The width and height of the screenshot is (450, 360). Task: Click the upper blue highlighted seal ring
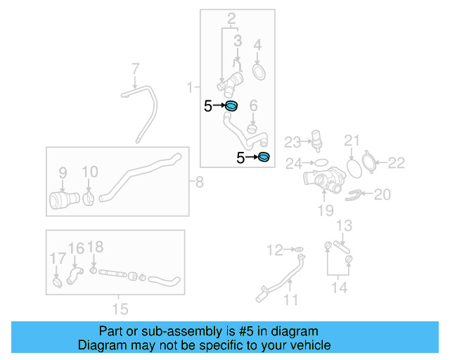[x=231, y=107]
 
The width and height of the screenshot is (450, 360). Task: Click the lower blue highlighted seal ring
[x=264, y=157]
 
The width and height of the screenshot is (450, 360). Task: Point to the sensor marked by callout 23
[x=316, y=139]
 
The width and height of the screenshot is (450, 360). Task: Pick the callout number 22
[x=397, y=163]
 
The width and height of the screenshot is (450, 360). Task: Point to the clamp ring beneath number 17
[x=56, y=283]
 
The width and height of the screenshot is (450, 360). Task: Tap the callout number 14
[x=340, y=288]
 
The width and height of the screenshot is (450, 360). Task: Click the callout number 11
[x=290, y=300]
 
